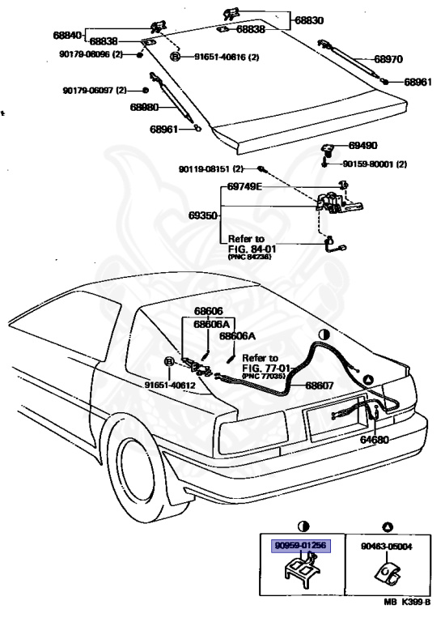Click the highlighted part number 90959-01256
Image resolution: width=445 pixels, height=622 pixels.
pos(299,547)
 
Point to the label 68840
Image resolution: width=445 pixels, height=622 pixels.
pos(68,36)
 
